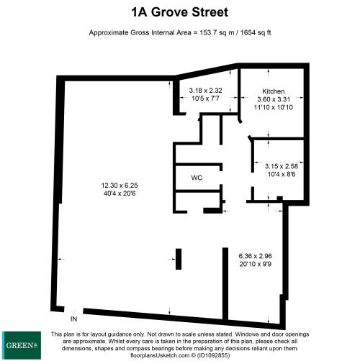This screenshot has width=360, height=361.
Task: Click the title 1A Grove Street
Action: pos(180,12)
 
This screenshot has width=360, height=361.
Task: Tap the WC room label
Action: pos(197,178)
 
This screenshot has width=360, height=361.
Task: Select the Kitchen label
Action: pos(274,91)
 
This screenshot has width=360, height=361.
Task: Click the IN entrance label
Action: pos(73,319)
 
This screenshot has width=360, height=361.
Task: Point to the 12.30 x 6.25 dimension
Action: pos(120,186)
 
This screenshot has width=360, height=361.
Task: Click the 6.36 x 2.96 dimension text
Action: pos(255,256)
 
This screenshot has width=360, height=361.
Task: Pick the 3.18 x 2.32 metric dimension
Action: pos(205,91)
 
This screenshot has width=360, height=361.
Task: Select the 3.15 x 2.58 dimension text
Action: pos(282,166)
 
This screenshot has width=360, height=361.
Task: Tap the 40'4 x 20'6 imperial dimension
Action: pos(120,193)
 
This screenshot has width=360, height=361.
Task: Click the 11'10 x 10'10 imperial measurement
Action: pos(274,107)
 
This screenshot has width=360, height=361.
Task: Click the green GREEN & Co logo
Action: pos(22,345)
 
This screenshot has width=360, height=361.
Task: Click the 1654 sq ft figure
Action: pos(256,32)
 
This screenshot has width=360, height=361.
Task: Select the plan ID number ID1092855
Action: pos(213,355)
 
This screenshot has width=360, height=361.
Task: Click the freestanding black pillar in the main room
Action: pos(179,259)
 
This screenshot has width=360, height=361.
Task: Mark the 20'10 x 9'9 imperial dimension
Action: pos(255,264)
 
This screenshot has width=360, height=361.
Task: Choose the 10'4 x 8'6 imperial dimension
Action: pos(282,174)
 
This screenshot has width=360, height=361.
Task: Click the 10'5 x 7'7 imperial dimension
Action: pos(205,99)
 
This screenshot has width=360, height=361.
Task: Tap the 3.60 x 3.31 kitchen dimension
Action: pos(274,99)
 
